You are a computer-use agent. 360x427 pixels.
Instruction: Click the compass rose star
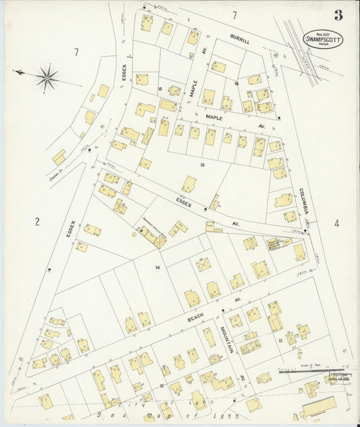click(47, 78)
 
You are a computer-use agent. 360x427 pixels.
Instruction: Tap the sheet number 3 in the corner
click(337, 15)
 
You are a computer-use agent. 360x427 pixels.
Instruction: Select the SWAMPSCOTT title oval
click(323, 40)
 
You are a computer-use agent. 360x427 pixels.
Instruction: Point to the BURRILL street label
click(240, 41)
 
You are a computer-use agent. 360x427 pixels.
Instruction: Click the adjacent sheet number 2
click(37, 221)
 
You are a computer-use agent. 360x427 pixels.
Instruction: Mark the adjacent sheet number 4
click(336, 224)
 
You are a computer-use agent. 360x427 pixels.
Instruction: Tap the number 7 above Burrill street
click(234, 15)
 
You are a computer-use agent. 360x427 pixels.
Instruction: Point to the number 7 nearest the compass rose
click(77, 52)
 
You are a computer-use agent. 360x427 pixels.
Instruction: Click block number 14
click(157, 268)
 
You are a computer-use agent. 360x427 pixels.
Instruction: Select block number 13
click(280, 341)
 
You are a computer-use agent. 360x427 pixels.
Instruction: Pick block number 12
click(161, 385)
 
